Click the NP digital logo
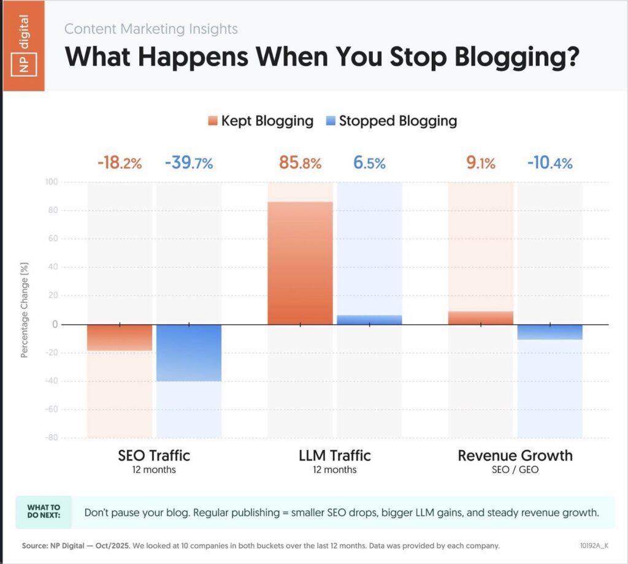pos(24,46)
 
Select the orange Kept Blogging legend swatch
pos(213,121)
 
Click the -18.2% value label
pos(120,164)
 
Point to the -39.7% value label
pos(189,164)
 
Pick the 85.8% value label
pos(300,164)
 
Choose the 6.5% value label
pos(369,164)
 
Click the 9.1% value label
pos(481,164)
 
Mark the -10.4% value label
pos(550,164)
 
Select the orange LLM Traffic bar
pos(300,263)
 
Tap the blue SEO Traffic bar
pos(189,352)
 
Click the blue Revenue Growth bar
pos(550,332)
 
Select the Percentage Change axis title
pos(25,310)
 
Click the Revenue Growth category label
pos(515,455)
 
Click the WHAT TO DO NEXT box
pos(44,512)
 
